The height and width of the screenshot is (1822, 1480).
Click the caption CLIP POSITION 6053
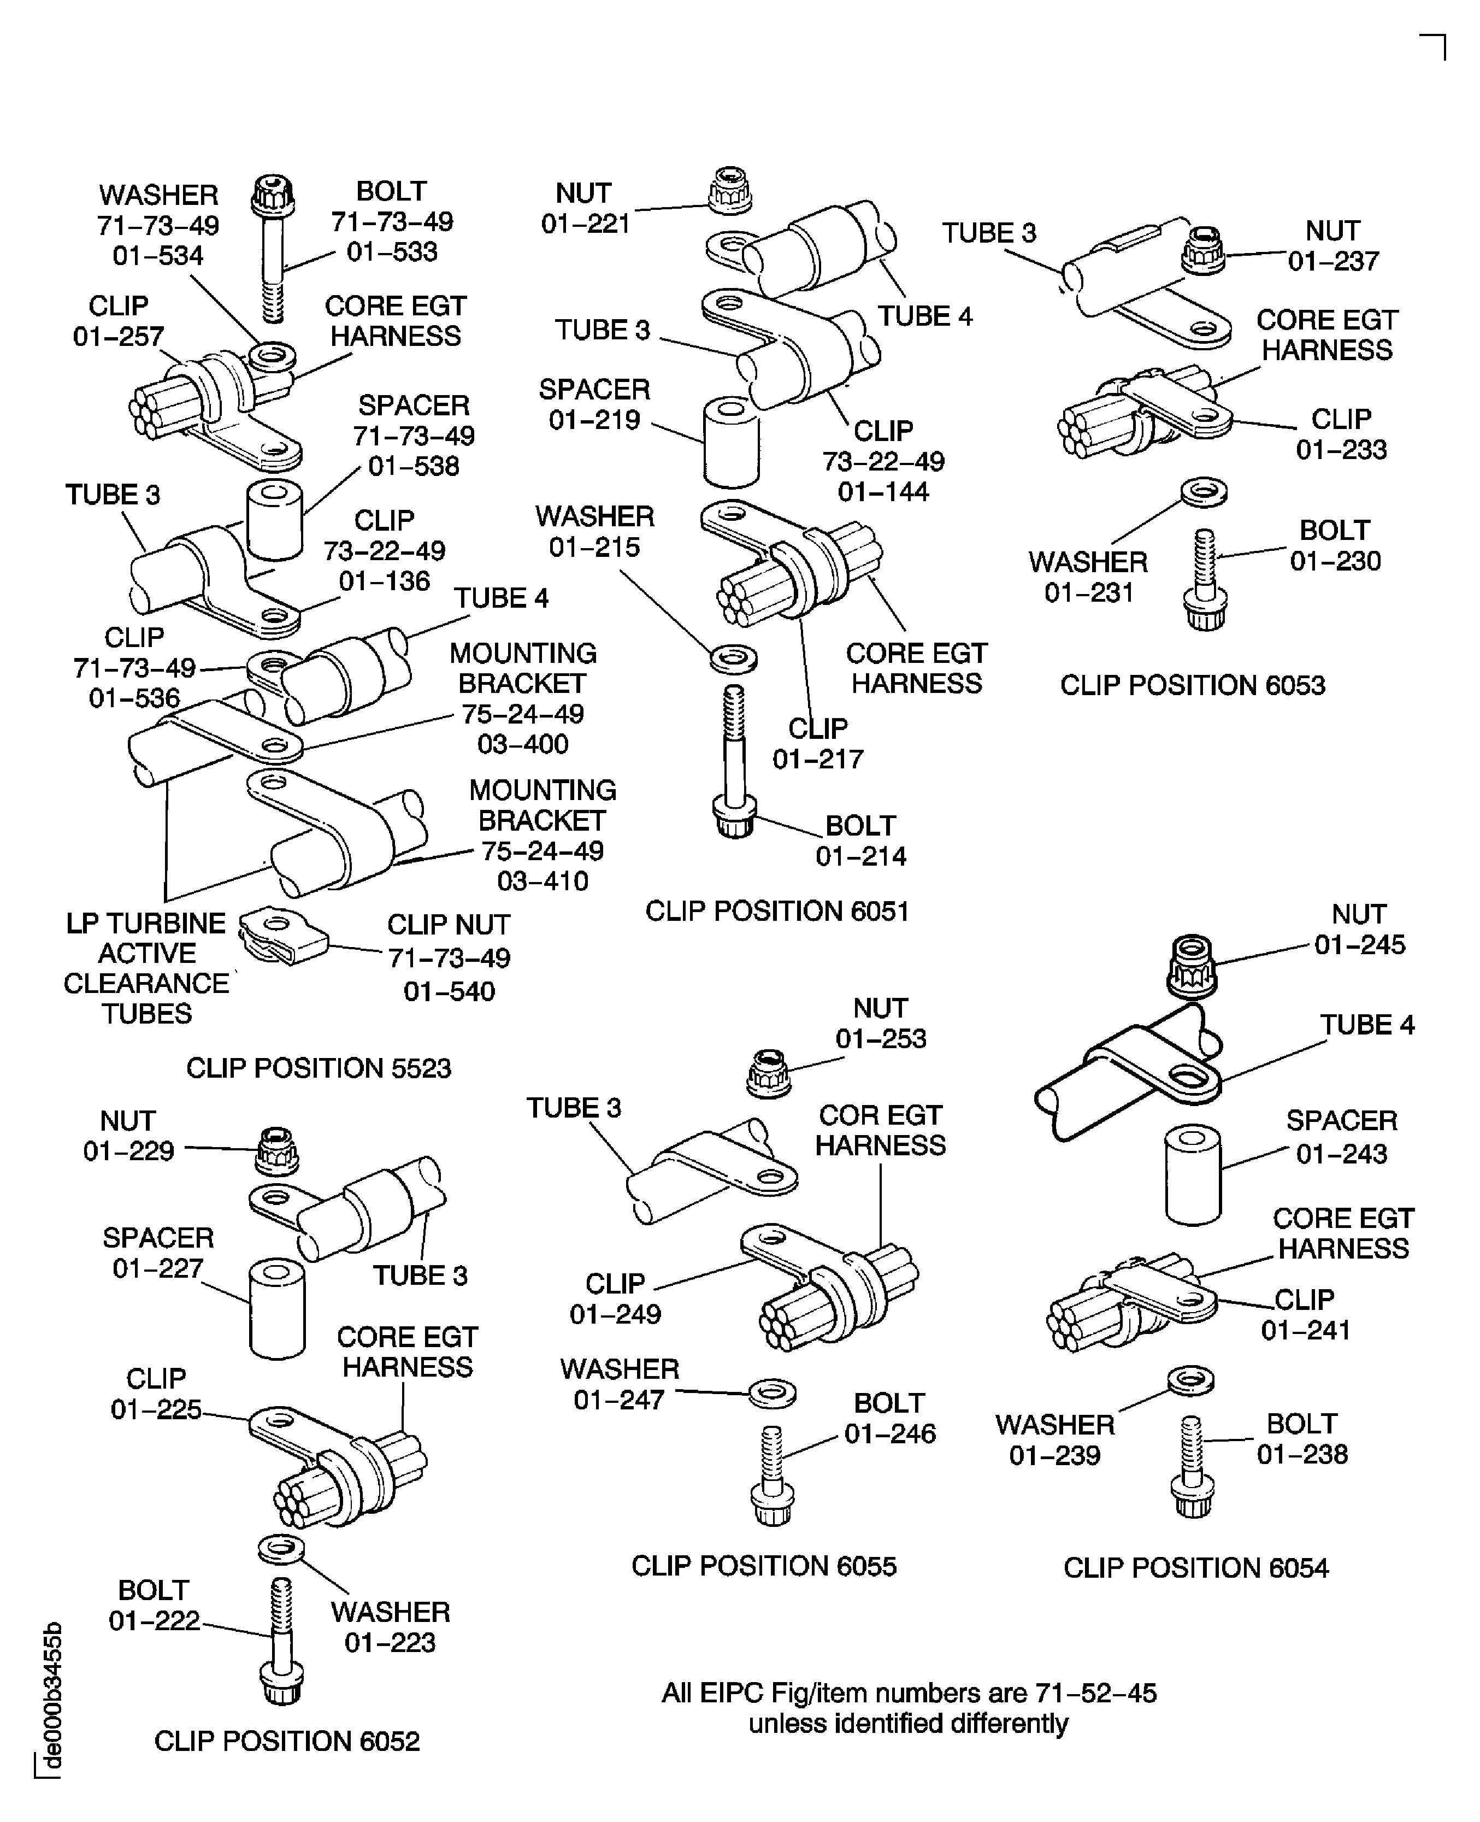coord(1192,685)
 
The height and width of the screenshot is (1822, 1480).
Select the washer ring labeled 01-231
coord(1204,492)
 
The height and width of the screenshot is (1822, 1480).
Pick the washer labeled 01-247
coord(773,1394)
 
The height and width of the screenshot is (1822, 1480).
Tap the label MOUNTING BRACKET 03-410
coord(542,836)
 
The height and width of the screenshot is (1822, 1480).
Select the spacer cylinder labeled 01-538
coord(274,520)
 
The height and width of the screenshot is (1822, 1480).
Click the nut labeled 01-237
coord(1203,250)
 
